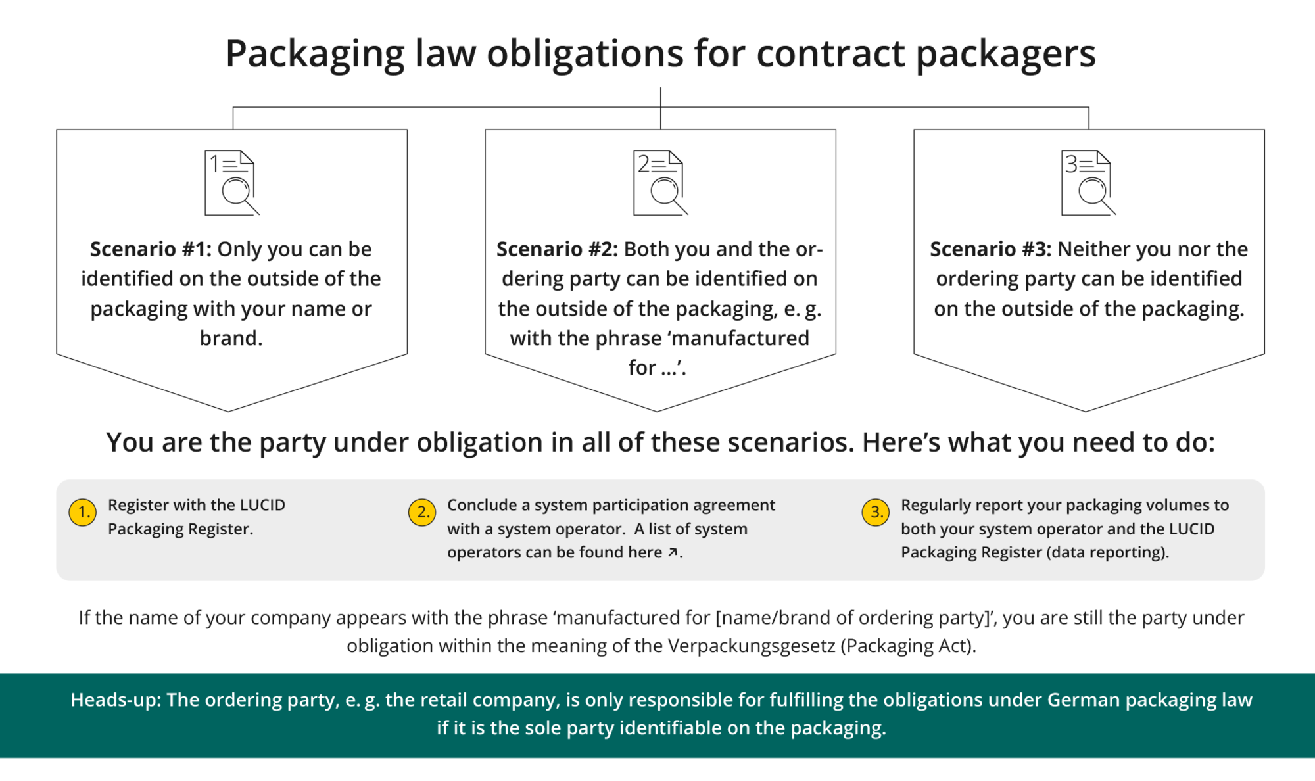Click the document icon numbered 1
click(231, 183)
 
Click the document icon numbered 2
click(660, 183)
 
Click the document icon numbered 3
click(1088, 183)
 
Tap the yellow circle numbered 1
click(83, 512)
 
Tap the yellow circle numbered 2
click(422, 512)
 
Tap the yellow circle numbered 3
click(876, 512)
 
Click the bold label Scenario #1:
click(151, 249)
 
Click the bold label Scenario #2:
click(557, 249)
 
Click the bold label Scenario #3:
click(990, 249)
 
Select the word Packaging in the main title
click(315, 55)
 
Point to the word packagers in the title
click(1006, 55)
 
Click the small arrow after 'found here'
click(673, 552)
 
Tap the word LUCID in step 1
click(262, 505)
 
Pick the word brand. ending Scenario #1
click(231, 338)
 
